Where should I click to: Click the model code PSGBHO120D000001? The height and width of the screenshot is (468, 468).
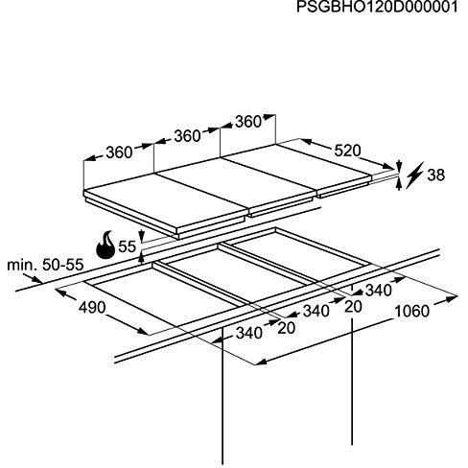377,7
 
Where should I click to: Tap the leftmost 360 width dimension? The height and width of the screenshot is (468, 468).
119,152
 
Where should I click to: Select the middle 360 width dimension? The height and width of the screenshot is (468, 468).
187,136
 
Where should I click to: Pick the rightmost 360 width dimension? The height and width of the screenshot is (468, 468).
248,122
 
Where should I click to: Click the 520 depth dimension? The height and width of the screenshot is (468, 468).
347,151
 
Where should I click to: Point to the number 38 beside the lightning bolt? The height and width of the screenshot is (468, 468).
436,175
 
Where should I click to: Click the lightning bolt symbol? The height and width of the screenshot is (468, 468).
414,175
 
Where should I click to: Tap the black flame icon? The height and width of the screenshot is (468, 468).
105,245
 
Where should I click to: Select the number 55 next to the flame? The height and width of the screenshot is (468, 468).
128,246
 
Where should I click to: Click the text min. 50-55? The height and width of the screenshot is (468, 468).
45,265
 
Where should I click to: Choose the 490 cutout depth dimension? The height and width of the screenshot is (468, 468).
92,308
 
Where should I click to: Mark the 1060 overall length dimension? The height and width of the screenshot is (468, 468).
412,312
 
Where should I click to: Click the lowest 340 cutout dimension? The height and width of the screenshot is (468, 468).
249,334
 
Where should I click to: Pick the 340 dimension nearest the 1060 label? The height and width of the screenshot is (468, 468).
379,291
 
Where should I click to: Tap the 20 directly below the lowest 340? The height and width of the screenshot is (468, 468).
287,328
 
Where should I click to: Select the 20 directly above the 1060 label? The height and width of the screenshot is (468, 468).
354,307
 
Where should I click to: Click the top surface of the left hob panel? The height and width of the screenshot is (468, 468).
165,200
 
